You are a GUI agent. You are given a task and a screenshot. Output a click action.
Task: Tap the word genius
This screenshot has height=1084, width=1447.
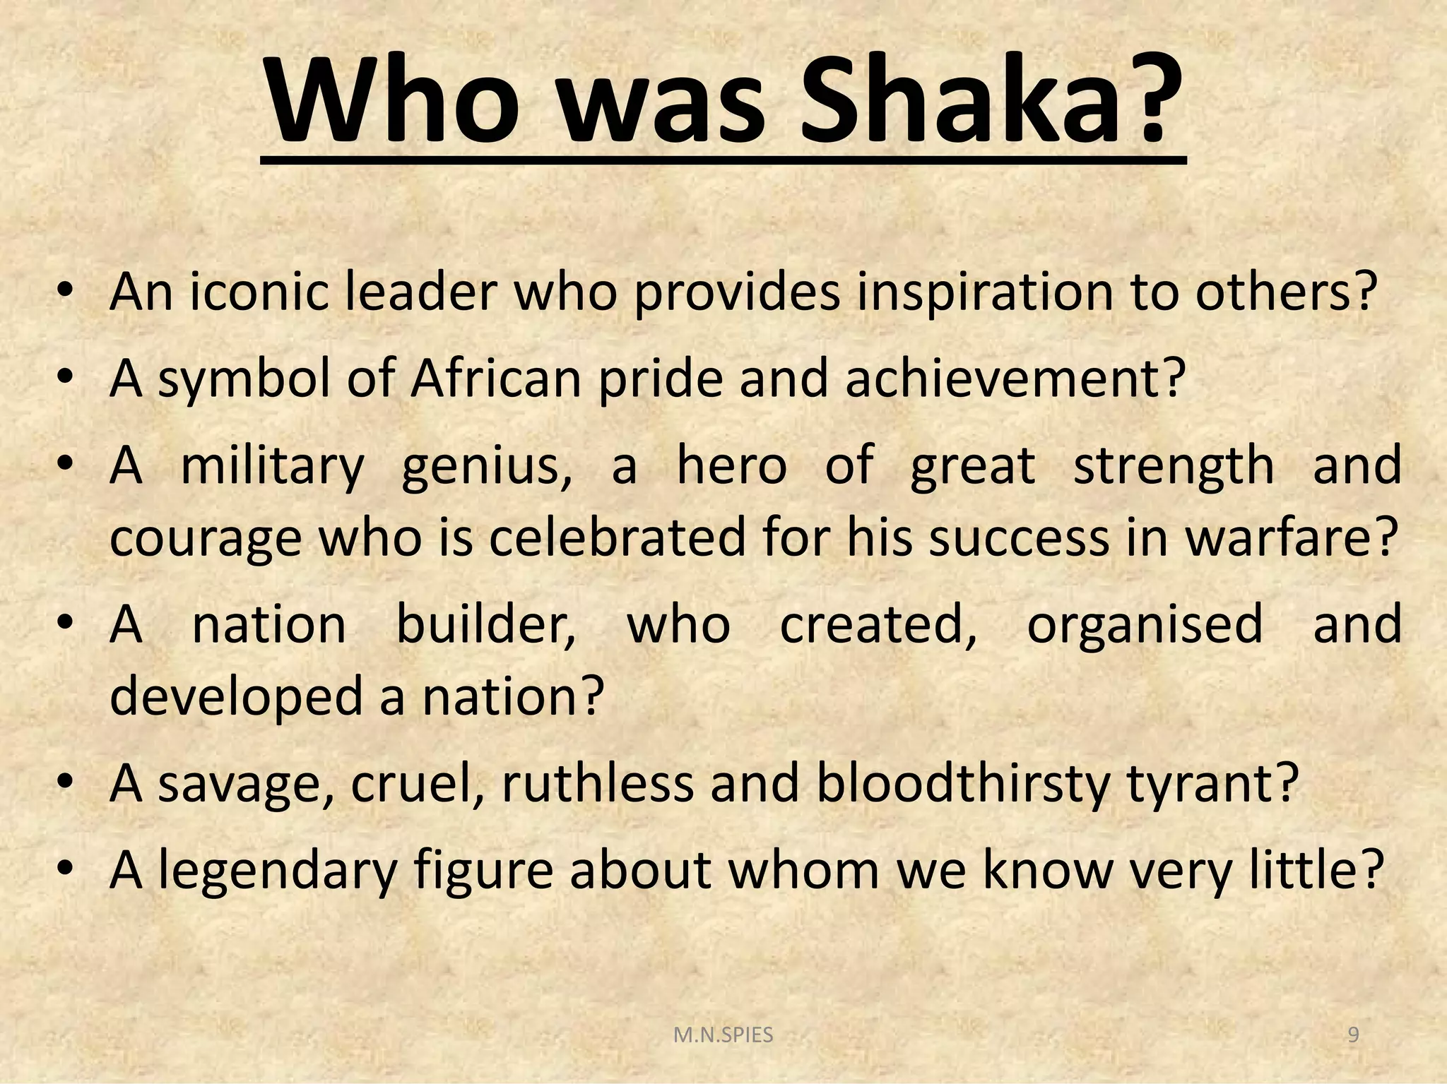pos(487,467)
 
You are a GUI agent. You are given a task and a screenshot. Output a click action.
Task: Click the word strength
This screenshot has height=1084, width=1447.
pos(1174,467)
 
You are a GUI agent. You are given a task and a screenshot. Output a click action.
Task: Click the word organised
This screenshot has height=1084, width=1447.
pos(1144,625)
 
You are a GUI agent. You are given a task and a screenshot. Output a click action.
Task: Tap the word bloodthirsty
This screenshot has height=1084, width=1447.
pos(962,783)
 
